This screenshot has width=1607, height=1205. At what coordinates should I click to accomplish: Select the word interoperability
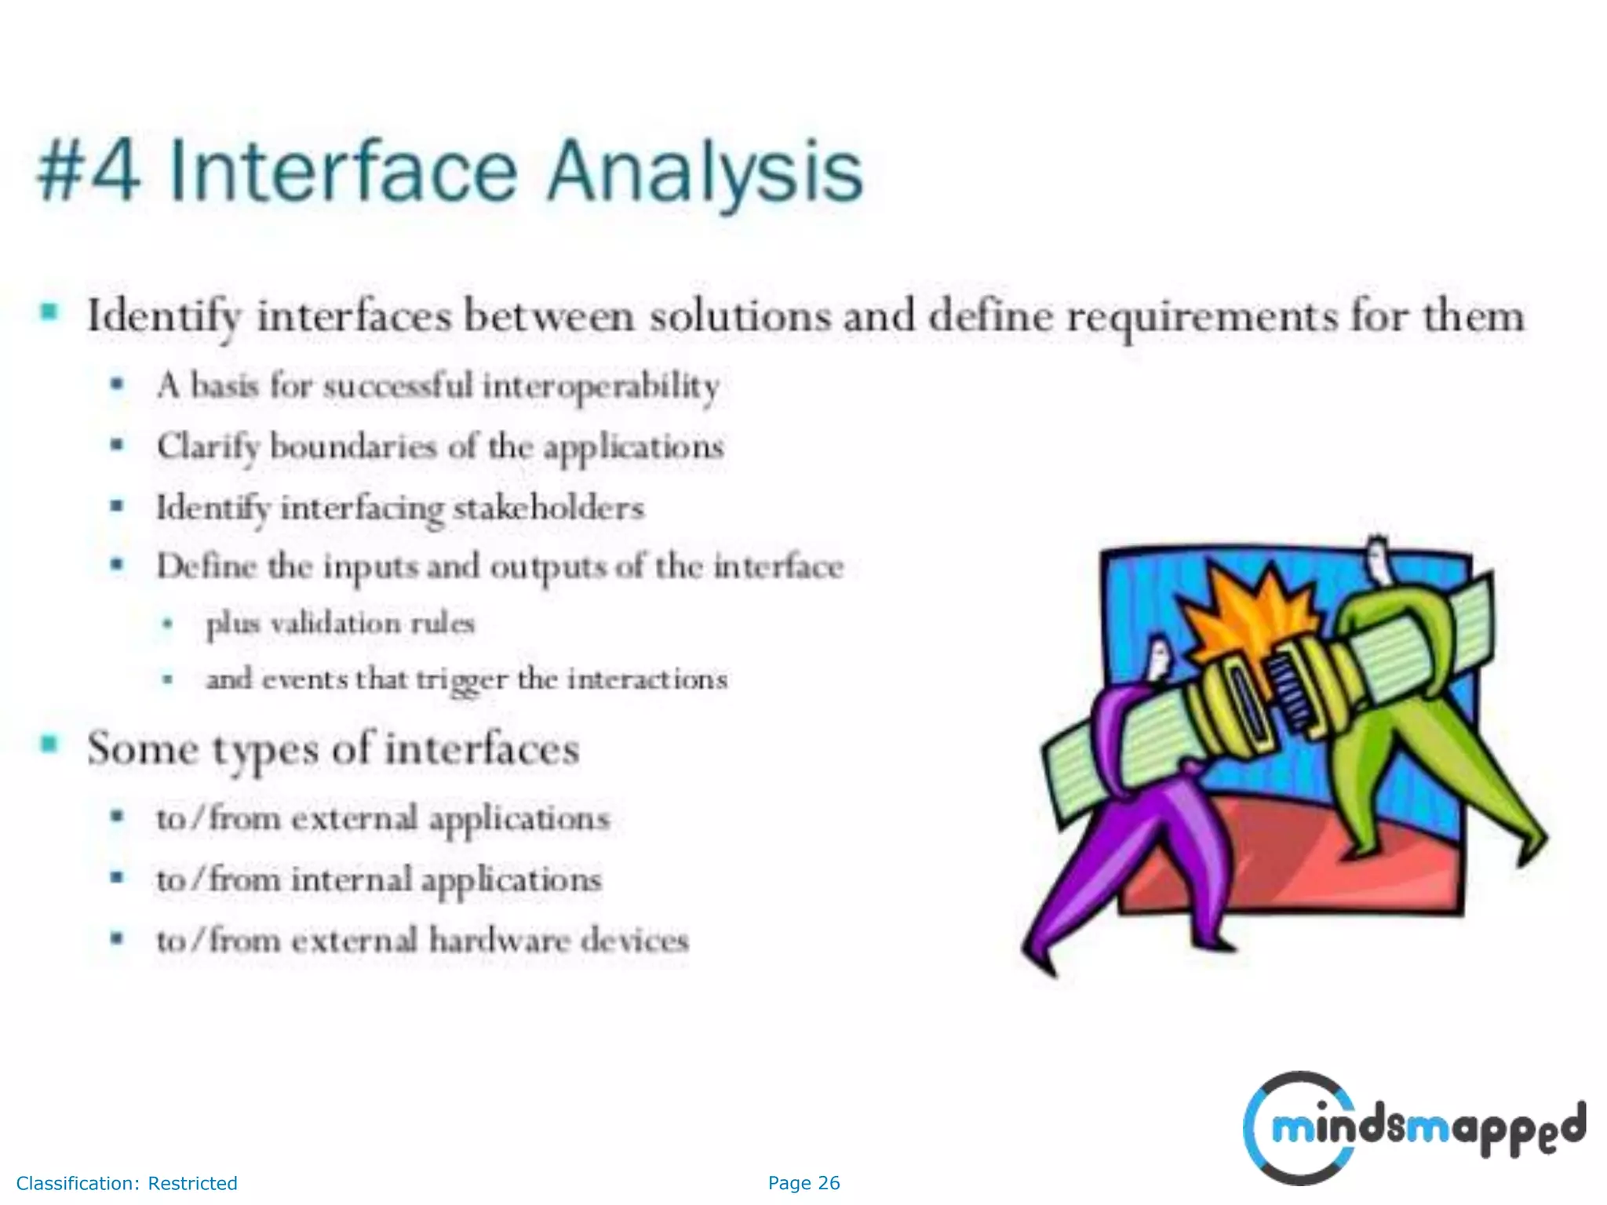(x=600, y=387)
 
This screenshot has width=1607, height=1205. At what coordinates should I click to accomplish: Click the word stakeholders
(x=548, y=508)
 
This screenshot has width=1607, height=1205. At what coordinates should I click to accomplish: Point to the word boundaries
(x=352, y=447)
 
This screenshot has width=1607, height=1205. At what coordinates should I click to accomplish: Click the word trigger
(x=461, y=680)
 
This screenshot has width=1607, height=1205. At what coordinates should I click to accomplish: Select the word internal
(x=351, y=879)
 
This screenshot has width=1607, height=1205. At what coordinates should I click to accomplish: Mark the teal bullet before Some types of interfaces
(x=49, y=744)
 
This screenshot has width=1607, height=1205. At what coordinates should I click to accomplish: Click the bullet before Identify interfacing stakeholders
(x=117, y=506)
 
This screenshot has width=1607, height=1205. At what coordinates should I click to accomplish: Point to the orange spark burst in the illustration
(x=1240, y=612)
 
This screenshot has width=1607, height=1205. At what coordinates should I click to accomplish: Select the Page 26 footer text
(x=803, y=1183)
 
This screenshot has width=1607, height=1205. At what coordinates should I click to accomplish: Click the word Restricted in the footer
(x=192, y=1183)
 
